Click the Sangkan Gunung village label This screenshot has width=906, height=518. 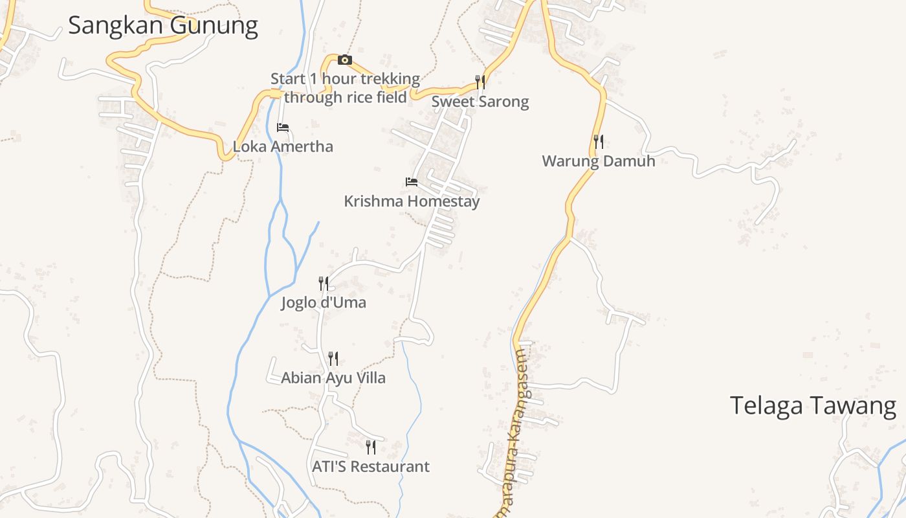[x=162, y=26]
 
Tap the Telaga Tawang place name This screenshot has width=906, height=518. [x=813, y=406]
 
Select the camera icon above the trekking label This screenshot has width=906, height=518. [x=345, y=60]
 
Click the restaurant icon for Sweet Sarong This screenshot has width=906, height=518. [x=480, y=82]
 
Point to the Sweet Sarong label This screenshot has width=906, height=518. [x=480, y=102]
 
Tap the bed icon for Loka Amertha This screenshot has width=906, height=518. [x=283, y=128]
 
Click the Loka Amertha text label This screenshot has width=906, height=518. [x=283, y=147]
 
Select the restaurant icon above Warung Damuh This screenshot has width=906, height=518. [x=599, y=142]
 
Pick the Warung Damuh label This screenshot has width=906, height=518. [x=599, y=161]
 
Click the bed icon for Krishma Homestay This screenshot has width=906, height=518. [x=412, y=182]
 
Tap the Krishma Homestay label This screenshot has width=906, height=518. [x=412, y=201]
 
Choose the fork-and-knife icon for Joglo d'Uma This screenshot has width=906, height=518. [x=324, y=283]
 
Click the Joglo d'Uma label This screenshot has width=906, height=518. [x=324, y=302]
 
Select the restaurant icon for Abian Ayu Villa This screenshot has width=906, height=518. [x=333, y=358]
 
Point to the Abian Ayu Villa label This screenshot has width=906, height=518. [x=333, y=378]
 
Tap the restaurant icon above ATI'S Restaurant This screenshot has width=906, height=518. [x=371, y=447]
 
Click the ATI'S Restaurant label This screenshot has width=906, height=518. [x=371, y=467]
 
